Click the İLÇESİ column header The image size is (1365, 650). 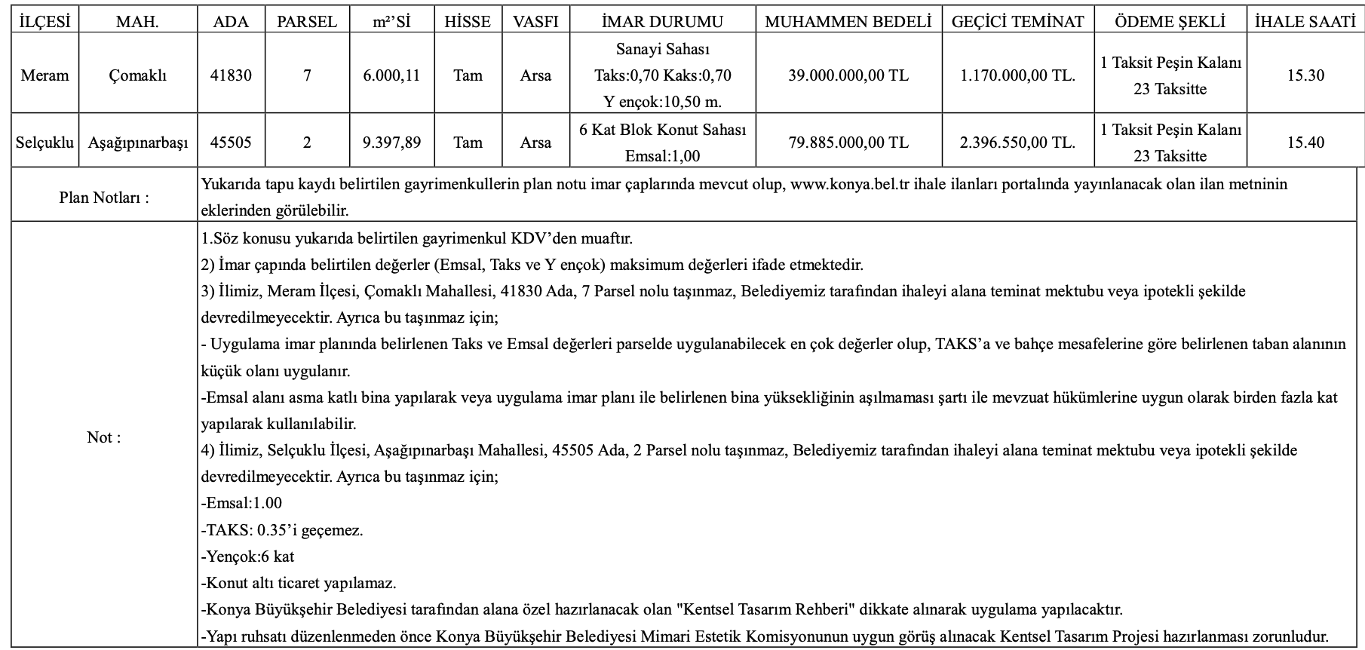pos(44,22)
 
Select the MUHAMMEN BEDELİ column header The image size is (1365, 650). pos(848,22)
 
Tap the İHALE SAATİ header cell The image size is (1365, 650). pos(1305,22)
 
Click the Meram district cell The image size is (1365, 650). pos(44,75)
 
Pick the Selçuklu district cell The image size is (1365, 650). pos(44,142)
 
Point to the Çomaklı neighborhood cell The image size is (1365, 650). pos(137,75)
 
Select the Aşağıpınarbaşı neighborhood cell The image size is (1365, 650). pos(137,142)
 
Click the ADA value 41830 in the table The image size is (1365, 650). pos(231,75)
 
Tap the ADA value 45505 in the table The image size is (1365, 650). pos(231,142)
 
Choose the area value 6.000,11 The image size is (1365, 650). pos(391,75)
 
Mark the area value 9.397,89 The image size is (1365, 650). pos(391,142)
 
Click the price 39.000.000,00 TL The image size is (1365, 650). pos(848,75)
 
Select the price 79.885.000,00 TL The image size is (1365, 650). pos(848,142)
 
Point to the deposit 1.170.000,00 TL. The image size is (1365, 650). pos(1017,75)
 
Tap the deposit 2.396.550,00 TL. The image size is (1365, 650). pos(1017,142)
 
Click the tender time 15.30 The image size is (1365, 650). pos(1305,75)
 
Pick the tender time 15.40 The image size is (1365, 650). pos(1305,142)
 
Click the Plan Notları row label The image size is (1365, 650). pos(104,198)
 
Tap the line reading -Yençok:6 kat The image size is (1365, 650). pos(248,556)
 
